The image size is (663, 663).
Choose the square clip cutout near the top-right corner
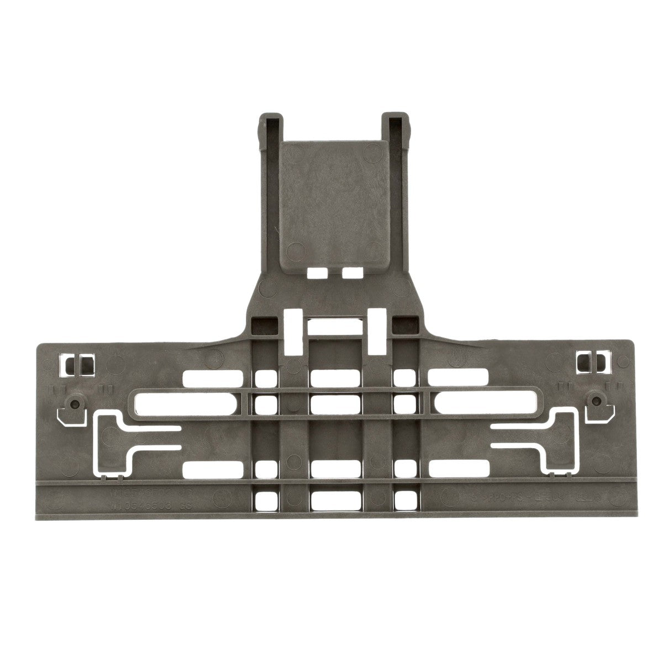click(590, 362)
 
